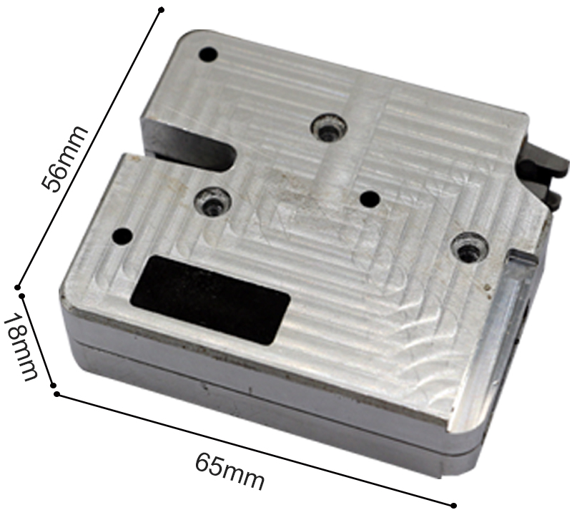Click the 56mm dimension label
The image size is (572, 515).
pos(65,159)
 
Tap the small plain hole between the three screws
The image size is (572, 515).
pos(370,197)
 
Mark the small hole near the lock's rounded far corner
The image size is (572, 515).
pos(209,54)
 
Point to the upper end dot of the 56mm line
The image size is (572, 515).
pos(162,10)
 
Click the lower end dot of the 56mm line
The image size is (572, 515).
pos(18,285)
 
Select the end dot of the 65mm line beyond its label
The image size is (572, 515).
pos(453,506)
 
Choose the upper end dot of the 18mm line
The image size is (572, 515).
pos(21,295)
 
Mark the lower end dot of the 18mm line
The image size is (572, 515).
pos(54,386)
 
